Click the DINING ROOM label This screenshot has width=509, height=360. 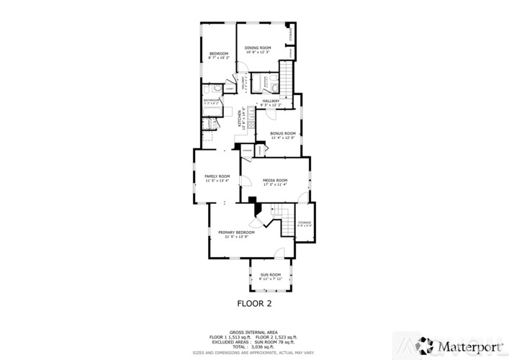click(257, 48)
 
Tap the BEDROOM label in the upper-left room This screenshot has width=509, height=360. click(219, 54)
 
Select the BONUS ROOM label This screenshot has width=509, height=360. click(282, 133)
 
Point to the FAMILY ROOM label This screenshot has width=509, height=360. click(217, 176)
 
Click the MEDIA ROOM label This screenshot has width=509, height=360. click(275, 180)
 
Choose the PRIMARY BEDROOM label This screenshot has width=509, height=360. click(236, 233)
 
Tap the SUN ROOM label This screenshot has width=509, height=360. click(270, 275)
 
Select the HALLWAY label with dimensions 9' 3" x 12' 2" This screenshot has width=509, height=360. click(270, 101)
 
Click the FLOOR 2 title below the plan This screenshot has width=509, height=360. click(254, 302)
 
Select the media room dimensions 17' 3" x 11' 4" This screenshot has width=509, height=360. click(275, 184)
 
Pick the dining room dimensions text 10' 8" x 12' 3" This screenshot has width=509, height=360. click(257, 52)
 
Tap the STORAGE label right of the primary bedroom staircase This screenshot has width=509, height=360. click(305, 222)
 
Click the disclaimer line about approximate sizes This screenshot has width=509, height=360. click(254, 352)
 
